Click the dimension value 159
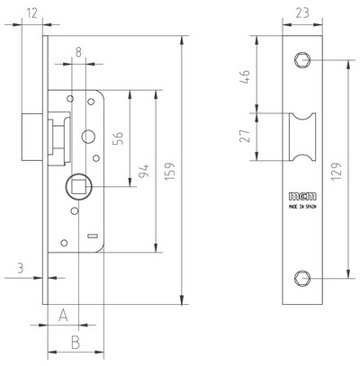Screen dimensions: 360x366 pos(169,172)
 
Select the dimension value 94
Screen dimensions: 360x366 pos(144,171)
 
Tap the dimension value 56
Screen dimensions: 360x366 pos(119,138)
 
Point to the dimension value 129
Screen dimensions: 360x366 pos(337,171)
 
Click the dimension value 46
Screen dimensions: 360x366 pos(246,76)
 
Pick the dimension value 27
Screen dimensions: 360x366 pos(246,136)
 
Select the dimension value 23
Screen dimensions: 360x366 pos(302,13)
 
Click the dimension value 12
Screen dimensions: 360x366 pos(31,13)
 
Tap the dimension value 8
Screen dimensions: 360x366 pos(78,52)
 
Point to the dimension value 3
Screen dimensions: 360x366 pos(20,268)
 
